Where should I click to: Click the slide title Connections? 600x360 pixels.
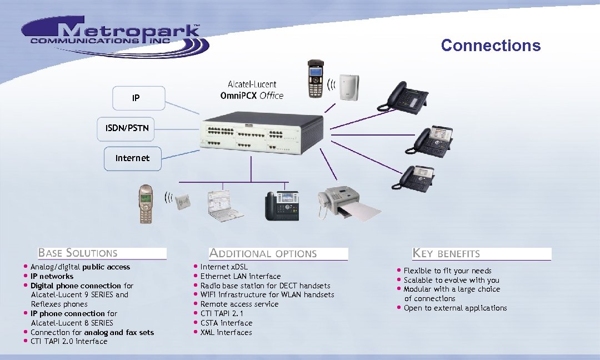[x=491, y=45]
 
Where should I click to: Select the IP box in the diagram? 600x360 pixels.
[x=138, y=98]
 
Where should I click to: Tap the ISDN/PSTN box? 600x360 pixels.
[x=127, y=128]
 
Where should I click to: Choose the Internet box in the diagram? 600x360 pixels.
[x=132, y=158]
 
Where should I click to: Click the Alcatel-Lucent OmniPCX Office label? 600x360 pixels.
[x=252, y=90]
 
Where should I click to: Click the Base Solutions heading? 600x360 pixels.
[x=78, y=253]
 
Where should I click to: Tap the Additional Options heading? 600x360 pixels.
[x=263, y=254]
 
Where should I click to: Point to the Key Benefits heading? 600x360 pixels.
[x=446, y=254]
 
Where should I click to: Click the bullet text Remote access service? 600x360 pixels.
[x=239, y=304]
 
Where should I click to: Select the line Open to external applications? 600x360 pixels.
[x=455, y=308]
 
